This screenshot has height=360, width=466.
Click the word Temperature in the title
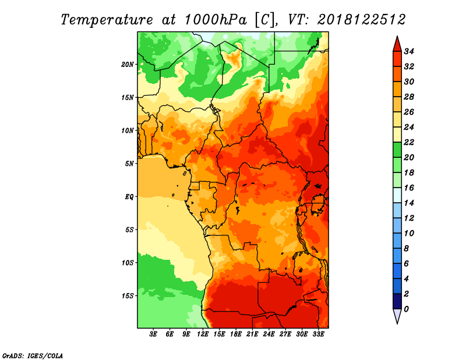107,20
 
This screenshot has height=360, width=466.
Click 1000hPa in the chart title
216,20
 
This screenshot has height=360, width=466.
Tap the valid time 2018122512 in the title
361,20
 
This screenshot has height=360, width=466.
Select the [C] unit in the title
264,20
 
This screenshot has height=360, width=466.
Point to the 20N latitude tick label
128,64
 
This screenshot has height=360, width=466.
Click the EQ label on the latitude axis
129,197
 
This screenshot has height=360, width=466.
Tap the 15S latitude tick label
128,296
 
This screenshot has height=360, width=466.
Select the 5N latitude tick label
129,164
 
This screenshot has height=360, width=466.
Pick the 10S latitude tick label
128,263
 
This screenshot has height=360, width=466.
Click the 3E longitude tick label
153,334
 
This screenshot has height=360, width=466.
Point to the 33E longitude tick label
318,334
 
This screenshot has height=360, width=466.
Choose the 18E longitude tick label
236,334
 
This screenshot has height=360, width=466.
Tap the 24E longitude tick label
269,334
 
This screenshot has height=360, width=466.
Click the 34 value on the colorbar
409,51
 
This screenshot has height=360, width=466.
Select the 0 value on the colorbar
406,309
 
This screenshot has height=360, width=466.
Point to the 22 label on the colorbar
409,142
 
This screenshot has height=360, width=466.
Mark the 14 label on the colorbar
409,203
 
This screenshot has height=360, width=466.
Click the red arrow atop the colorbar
397,45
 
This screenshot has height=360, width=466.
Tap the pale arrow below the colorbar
397,316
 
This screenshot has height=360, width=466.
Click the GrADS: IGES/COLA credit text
33,356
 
